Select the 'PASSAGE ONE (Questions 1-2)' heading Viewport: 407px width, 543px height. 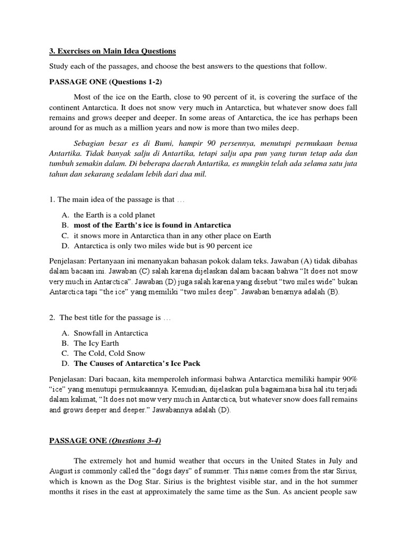(x=101, y=82)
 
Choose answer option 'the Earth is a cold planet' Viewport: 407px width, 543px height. (x=114, y=215)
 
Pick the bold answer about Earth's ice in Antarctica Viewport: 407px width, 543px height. (x=153, y=225)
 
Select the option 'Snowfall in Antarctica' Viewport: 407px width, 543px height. (x=111, y=333)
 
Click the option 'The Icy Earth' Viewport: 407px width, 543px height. (x=96, y=343)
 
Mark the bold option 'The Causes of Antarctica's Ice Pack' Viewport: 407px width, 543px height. (x=137, y=363)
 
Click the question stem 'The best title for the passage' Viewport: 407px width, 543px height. (x=109, y=318)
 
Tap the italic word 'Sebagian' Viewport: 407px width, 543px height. (x=90, y=143)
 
